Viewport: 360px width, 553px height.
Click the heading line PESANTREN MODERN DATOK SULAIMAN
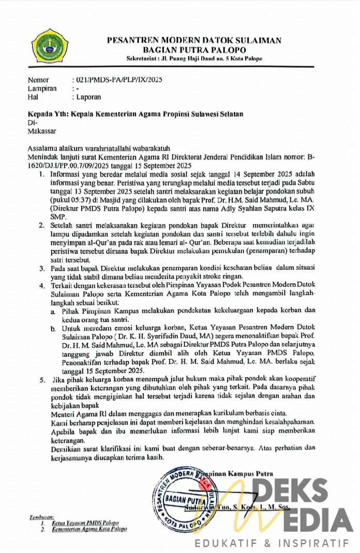194,40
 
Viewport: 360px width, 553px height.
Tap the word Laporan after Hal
88,97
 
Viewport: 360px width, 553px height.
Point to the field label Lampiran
42,88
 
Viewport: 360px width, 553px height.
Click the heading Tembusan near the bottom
41,516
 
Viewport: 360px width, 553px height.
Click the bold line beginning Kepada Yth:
135,114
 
